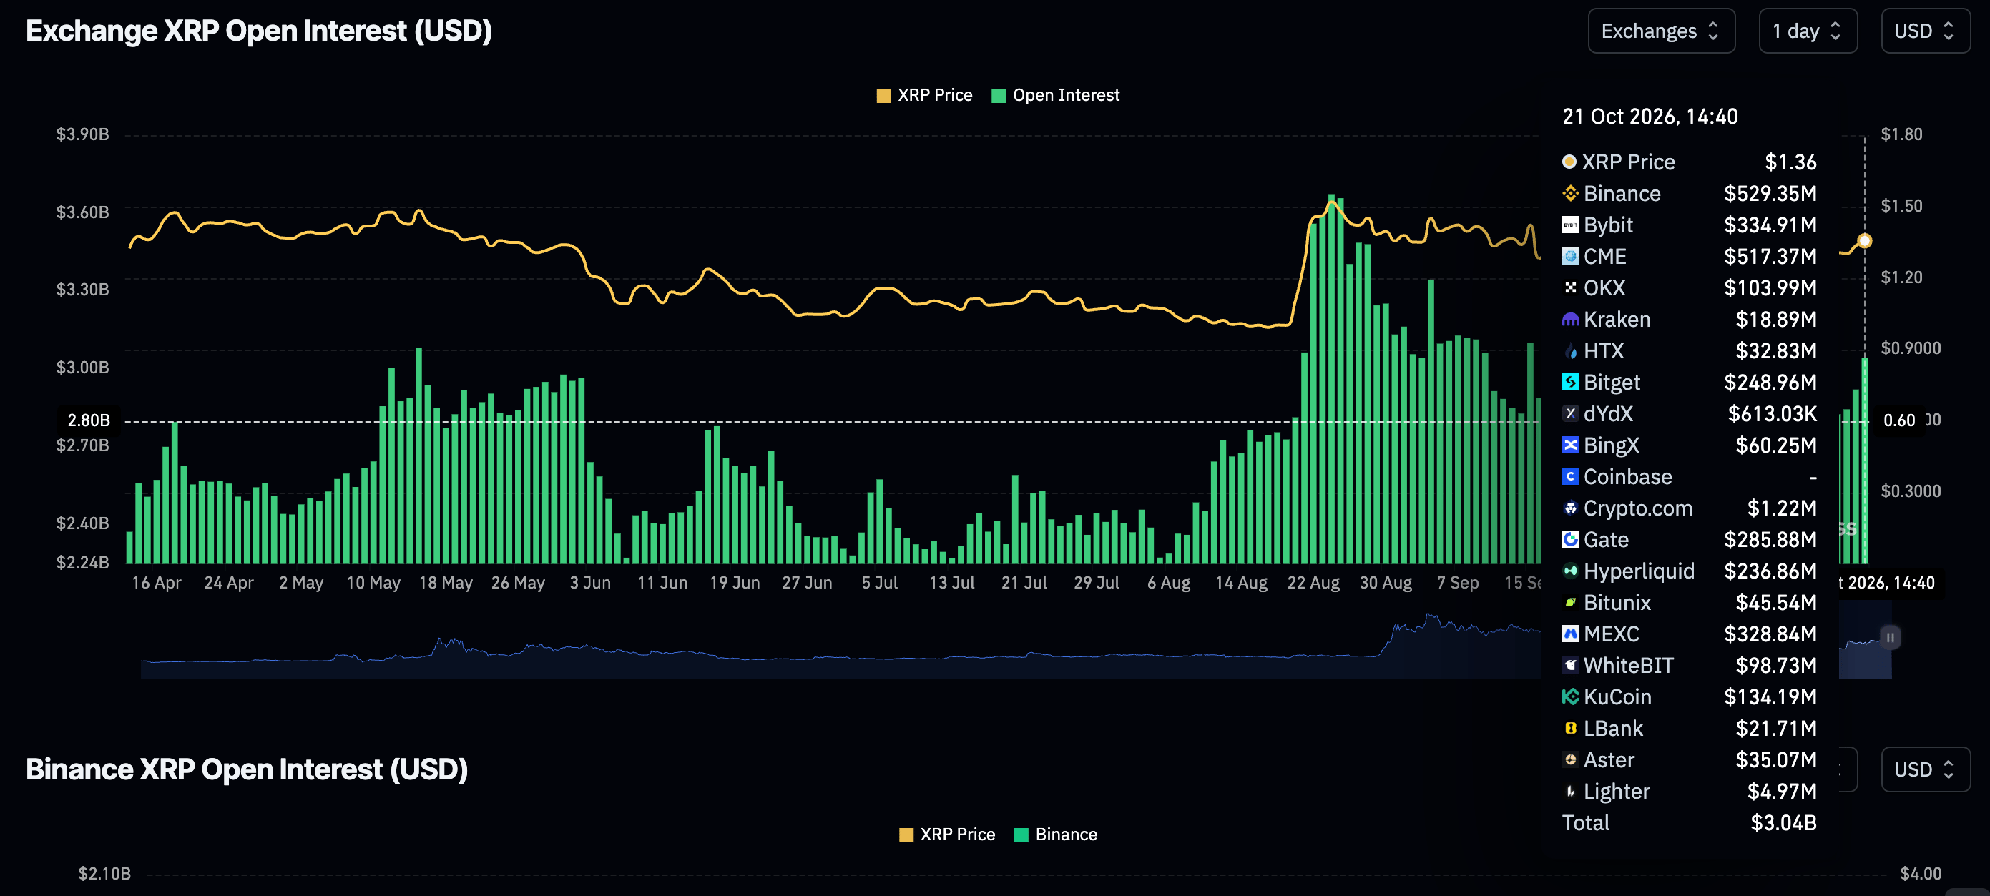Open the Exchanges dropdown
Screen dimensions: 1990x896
(1661, 31)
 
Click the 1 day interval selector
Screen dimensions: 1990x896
(1808, 31)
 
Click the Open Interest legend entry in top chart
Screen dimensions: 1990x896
(1055, 95)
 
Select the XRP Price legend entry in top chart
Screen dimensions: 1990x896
(925, 95)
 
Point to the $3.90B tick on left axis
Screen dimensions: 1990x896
(83, 134)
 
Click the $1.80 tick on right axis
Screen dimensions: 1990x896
(1901, 134)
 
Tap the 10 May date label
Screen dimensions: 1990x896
(373, 582)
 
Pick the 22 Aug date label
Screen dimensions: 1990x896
(1313, 582)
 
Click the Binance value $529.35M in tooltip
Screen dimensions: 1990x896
(1770, 193)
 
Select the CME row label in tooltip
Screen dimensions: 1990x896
(1604, 257)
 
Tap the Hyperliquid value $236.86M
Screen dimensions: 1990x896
(1770, 571)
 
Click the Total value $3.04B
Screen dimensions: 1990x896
(1783, 822)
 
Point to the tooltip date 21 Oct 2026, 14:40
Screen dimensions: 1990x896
(1650, 117)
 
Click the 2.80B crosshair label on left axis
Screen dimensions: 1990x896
(89, 420)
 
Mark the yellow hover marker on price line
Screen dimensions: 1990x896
(1864, 241)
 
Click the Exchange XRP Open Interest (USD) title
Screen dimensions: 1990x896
(259, 31)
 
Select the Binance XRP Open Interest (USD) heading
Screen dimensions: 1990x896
(247, 769)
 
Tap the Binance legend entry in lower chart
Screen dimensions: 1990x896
(1055, 835)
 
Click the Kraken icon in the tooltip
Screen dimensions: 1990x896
(1569, 320)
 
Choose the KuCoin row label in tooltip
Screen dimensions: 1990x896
(1617, 696)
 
